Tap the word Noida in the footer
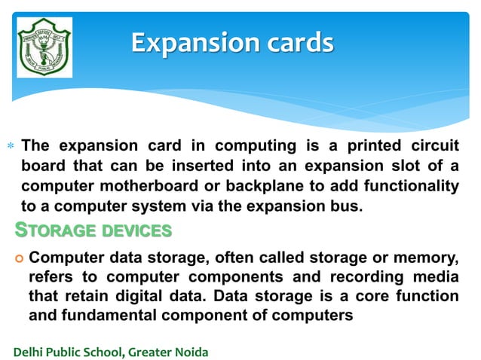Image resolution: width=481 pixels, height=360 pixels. coord(191,352)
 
